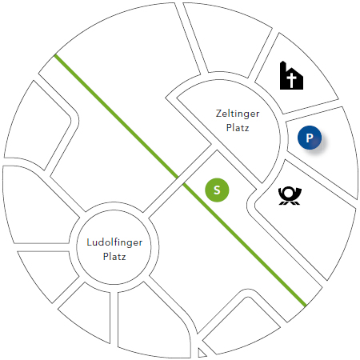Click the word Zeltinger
[x=238, y=114]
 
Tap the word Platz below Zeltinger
[x=238, y=128]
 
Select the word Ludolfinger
[x=114, y=243]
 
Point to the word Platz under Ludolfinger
[x=114, y=257]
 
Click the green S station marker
[x=217, y=190]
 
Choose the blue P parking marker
[x=310, y=138]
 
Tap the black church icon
[x=291, y=75]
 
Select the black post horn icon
[x=290, y=196]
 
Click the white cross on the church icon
[x=292, y=81]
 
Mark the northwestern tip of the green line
[x=55, y=55]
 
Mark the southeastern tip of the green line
[x=305, y=306]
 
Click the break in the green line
[x=180, y=181]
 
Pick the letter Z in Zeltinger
[x=219, y=113]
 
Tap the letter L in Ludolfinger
[x=90, y=242]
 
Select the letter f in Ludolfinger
[x=117, y=242]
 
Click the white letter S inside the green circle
[x=217, y=190]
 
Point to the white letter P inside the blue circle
[x=310, y=138]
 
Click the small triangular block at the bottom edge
[x=202, y=354]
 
